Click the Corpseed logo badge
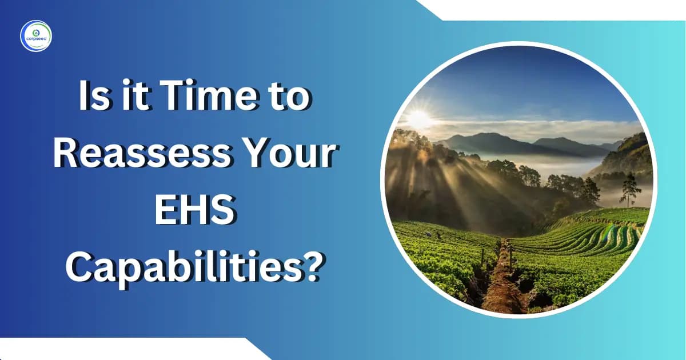pos(36,36)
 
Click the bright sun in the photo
pos(419,118)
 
